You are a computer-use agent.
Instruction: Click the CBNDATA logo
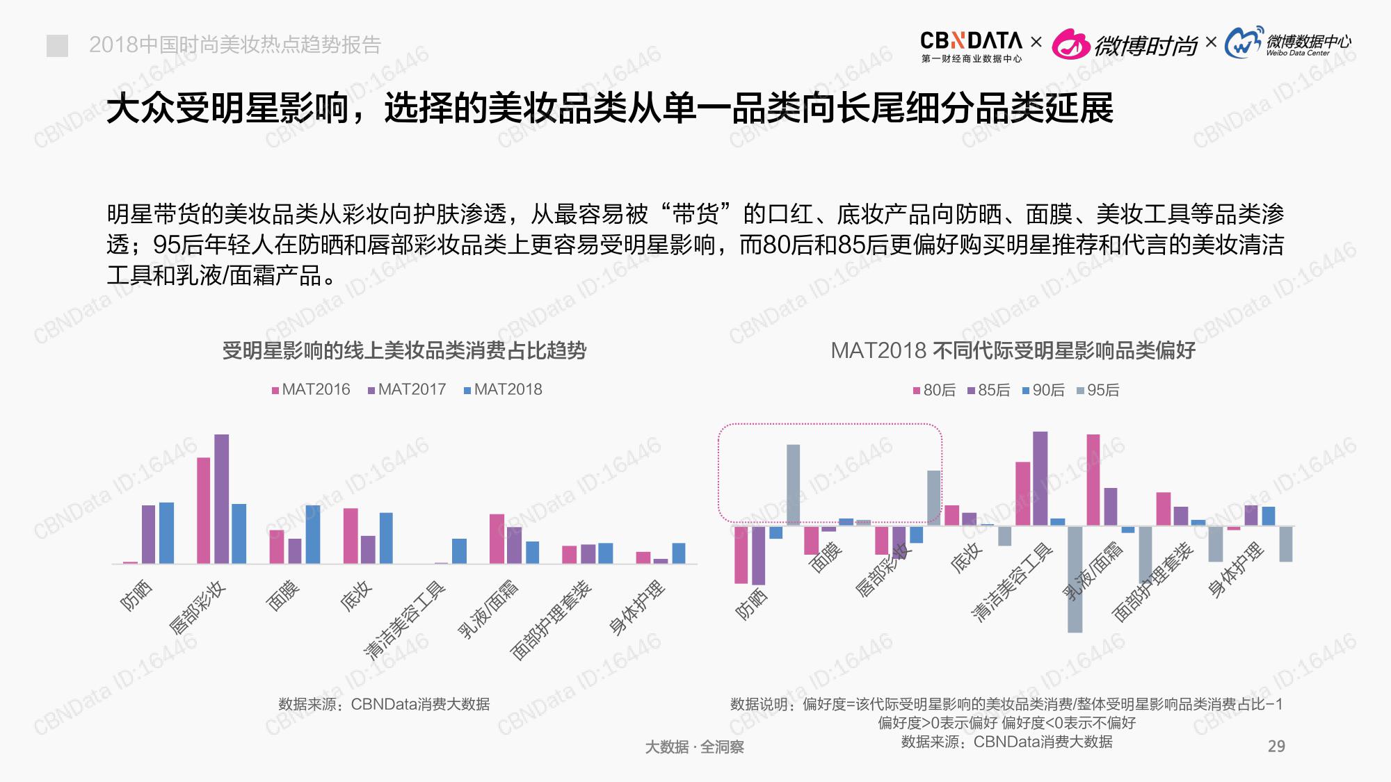(x=971, y=46)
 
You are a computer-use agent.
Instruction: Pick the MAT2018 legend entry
(x=503, y=389)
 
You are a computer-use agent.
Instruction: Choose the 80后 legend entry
(x=934, y=391)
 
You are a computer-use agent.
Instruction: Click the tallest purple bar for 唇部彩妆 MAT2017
(x=221, y=498)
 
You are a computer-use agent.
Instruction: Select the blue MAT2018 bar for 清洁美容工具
(x=459, y=551)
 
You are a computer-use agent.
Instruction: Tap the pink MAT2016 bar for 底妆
(x=351, y=535)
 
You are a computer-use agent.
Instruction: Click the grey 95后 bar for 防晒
(x=793, y=484)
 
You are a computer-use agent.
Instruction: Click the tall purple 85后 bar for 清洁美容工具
(x=1040, y=478)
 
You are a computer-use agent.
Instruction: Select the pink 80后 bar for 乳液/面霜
(x=1093, y=480)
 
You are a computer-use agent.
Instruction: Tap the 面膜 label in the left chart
(x=283, y=596)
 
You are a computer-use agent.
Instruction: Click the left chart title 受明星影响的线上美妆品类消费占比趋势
(x=404, y=350)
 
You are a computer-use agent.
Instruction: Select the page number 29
(x=1276, y=747)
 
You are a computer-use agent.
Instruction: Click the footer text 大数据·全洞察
(x=694, y=747)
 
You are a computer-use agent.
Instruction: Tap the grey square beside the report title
(x=57, y=46)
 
